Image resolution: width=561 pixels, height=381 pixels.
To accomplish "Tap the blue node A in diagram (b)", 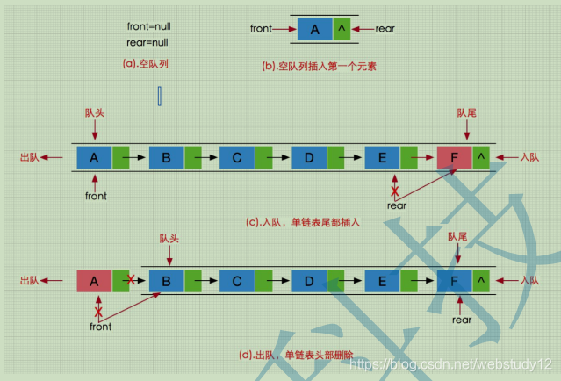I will [314, 29].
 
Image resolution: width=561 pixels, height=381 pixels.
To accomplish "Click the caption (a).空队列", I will [144, 64].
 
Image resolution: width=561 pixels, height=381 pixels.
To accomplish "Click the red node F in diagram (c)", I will [453, 157].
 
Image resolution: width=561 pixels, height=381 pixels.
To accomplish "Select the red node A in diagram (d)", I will [94, 280].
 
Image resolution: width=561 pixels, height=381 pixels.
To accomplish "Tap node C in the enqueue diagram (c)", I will [237, 157].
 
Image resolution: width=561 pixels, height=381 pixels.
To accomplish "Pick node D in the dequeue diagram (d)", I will [309, 280].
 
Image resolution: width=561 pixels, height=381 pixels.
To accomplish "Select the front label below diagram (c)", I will [96, 196].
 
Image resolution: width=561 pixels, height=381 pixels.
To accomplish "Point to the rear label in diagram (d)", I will [462, 320].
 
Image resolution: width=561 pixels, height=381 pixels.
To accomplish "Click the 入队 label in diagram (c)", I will [529, 157].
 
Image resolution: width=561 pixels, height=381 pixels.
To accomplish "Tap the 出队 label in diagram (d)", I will [30, 280].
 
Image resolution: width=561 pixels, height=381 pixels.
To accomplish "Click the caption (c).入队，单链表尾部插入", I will [303, 222].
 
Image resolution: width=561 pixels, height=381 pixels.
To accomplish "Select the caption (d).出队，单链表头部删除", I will [295, 355].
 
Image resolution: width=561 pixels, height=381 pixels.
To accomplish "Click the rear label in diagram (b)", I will [385, 28].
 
